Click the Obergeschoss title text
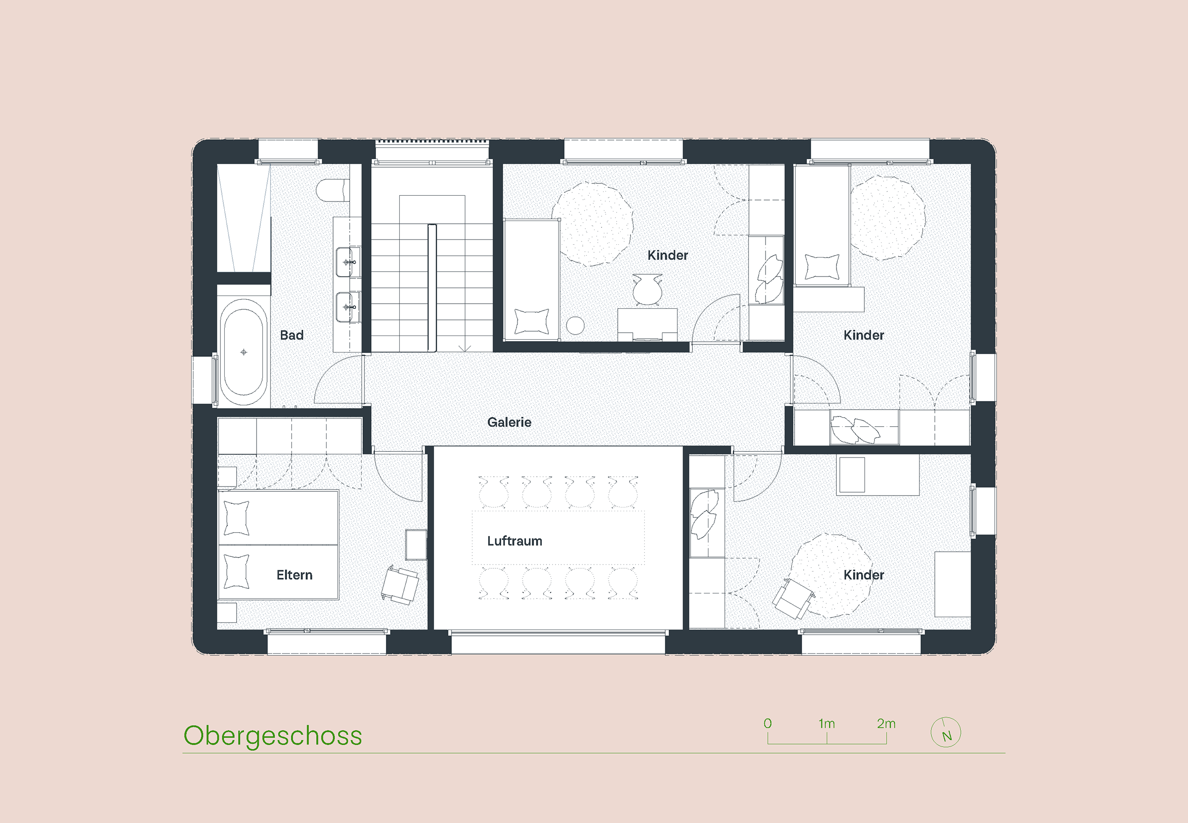273,737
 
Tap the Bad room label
291,335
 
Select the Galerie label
509,422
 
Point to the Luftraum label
515,541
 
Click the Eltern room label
295,575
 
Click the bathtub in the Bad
243,353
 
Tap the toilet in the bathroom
333,190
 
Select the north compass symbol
946,732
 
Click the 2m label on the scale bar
886,724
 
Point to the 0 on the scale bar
768,724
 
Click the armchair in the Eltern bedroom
400,585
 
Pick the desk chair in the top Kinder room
647,290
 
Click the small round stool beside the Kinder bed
575,325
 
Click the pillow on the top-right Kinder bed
822,267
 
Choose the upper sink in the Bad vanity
346,262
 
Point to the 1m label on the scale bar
826,724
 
